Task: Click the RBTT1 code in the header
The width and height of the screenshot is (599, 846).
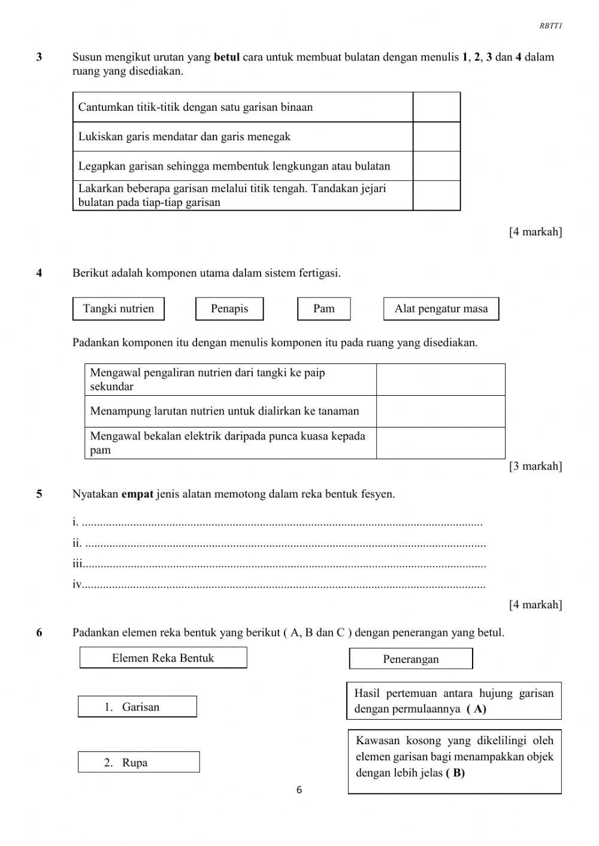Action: click(550, 26)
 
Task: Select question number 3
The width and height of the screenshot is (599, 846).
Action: click(39, 57)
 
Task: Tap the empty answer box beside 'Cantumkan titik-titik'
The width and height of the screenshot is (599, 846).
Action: click(436, 107)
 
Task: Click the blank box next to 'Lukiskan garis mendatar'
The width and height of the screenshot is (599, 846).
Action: click(436, 137)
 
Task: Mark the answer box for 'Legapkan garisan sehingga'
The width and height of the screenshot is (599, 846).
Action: click(436, 166)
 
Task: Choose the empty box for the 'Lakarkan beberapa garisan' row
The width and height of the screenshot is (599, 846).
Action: click(436, 195)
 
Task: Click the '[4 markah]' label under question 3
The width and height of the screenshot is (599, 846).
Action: click(535, 232)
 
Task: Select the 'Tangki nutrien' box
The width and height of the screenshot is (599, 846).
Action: click(119, 309)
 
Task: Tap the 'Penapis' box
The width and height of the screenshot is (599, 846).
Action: click(229, 309)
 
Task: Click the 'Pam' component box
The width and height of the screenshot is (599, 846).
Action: click(324, 309)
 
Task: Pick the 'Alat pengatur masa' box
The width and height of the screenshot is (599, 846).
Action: click(441, 309)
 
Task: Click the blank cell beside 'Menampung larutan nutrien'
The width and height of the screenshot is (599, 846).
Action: click(440, 411)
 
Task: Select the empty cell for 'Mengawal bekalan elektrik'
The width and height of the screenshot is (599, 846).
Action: click(440, 443)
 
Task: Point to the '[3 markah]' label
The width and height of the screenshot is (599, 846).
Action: click(535, 466)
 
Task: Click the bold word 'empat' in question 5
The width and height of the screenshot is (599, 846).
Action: click(137, 495)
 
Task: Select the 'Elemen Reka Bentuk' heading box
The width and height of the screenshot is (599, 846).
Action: click(163, 658)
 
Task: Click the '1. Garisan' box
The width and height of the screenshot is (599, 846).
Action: click(137, 707)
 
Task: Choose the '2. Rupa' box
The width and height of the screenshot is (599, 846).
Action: click(138, 763)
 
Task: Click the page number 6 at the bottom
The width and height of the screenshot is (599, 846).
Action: click(299, 790)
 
